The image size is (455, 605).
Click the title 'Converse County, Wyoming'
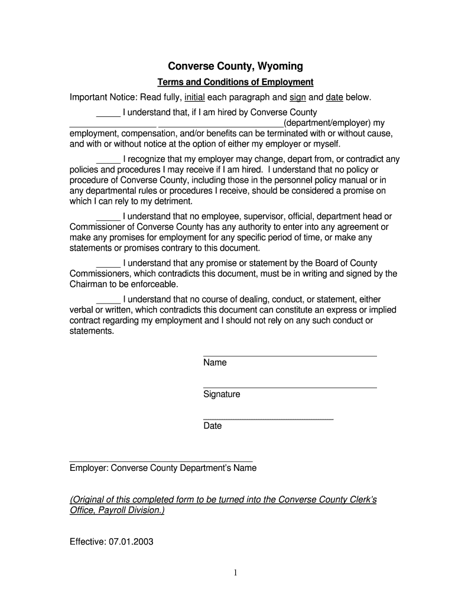[235, 66]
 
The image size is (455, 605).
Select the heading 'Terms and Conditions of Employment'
[235, 82]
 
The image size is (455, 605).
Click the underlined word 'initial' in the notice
[194, 97]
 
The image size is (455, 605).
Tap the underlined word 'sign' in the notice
[297, 97]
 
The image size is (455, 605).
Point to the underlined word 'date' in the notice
[334, 97]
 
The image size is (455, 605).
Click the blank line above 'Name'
[290, 356]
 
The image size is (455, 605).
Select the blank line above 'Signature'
[290, 388]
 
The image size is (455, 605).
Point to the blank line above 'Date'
[268, 419]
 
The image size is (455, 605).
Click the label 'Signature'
[222, 394]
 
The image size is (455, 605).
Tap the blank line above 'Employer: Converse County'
[161, 461]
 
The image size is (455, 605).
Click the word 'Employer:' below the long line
[89, 468]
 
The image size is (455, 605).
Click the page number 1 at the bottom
[235, 573]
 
